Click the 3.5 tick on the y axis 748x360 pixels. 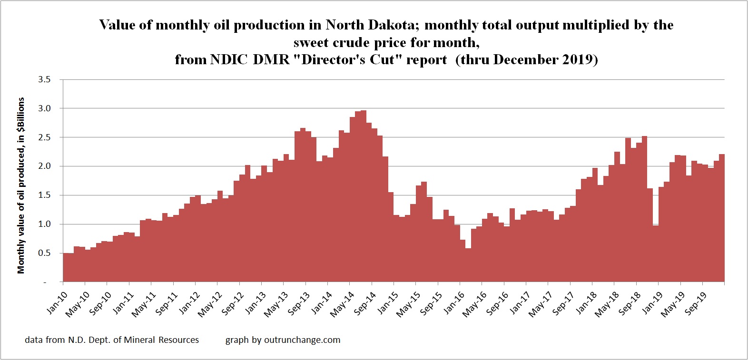[x=44, y=79]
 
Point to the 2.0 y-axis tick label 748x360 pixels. [x=44, y=166]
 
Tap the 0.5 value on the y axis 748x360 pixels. [x=44, y=253]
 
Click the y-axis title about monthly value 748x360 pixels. [x=21, y=185]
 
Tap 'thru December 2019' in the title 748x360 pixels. [x=526, y=60]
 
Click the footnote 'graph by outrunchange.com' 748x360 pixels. [x=283, y=340]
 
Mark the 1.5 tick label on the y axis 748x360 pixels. [x=44, y=195]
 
